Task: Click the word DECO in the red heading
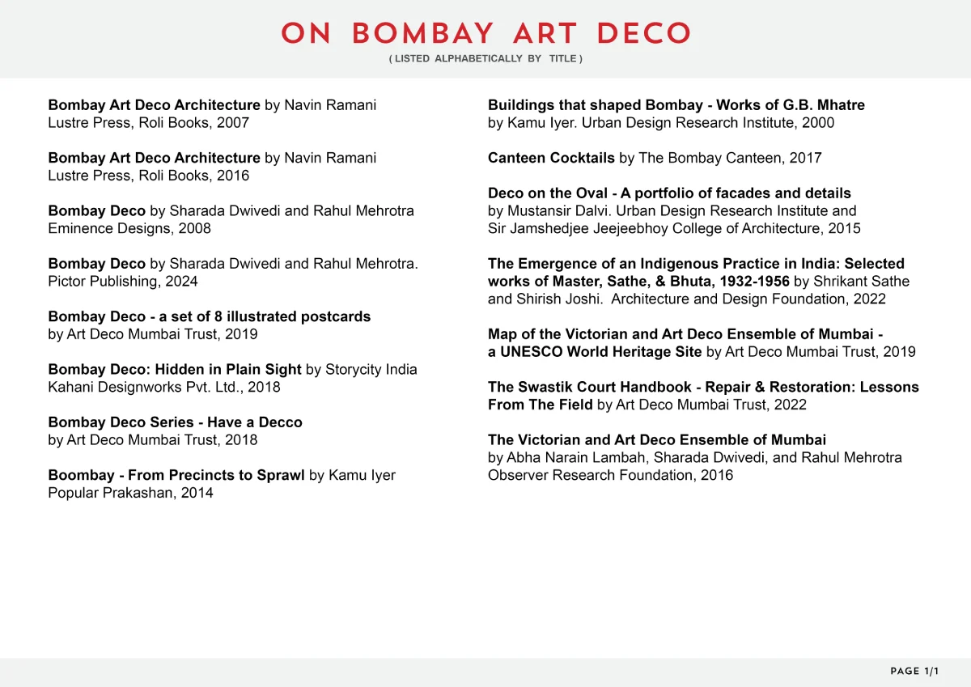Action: point(643,34)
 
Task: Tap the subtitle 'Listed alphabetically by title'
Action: point(485,59)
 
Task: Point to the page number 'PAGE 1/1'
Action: point(915,672)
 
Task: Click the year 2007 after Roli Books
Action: point(233,123)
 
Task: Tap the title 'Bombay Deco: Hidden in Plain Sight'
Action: point(175,370)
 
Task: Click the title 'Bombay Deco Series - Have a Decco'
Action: point(175,422)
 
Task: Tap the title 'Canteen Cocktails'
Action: point(551,158)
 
